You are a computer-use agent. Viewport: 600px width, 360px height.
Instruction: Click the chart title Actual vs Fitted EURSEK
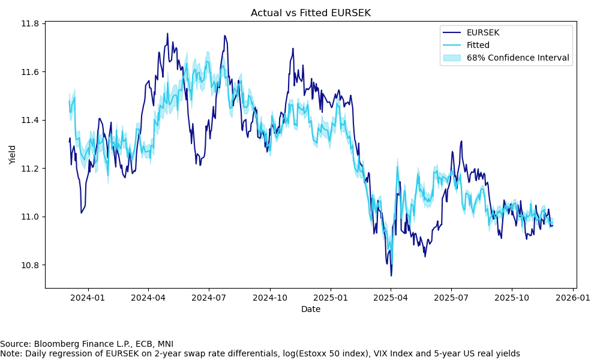pyautogui.click(x=310, y=13)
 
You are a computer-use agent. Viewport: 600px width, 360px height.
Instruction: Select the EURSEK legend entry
pyautogui.click(x=482, y=32)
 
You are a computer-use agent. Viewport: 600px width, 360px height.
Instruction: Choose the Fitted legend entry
pyautogui.click(x=478, y=45)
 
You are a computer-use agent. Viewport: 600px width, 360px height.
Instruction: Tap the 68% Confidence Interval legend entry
pyautogui.click(x=518, y=58)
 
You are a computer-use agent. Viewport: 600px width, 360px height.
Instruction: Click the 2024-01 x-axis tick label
pyautogui.click(x=88, y=297)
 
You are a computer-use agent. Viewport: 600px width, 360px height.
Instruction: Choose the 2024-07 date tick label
pyautogui.click(x=208, y=297)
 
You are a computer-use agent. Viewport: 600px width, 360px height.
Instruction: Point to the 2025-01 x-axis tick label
pyautogui.click(x=331, y=297)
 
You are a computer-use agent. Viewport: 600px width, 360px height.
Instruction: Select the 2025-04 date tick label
pyautogui.click(x=390, y=297)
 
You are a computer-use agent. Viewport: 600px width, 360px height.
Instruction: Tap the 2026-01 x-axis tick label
pyautogui.click(x=572, y=297)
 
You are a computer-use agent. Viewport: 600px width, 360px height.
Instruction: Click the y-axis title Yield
pyautogui.click(x=13, y=154)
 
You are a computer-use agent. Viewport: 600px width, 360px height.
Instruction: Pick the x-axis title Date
pyautogui.click(x=311, y=309)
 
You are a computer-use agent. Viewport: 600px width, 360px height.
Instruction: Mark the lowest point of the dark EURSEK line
pyautogui.click(x=391, y=276)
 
